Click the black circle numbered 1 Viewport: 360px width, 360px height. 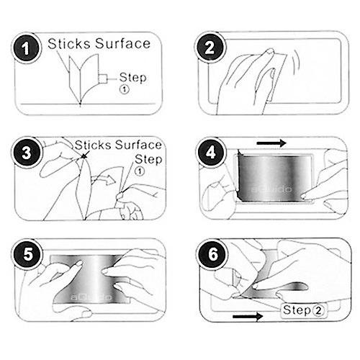tap(26, 48)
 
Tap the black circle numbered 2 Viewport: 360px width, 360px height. tap(210, 47)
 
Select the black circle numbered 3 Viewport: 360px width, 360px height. tap(26, 152)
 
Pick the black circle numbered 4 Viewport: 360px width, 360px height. tap(210, 152)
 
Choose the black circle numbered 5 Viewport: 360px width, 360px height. tap(27, 254)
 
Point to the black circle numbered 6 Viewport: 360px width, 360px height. tap(212, 254)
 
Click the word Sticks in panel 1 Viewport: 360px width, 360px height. tap(69, 44)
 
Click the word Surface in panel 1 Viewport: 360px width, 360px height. tap(122, 43)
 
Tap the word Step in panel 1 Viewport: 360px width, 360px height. tap(132, 78)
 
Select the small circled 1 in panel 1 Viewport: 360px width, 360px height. tap(125, 89)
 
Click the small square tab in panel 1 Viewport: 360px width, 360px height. tap(103, 78)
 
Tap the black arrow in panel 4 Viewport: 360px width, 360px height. tap(271, 143)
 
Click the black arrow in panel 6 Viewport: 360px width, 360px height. tap(248, 316)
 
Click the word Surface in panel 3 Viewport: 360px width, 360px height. tap(138, 145)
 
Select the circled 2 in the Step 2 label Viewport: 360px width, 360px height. tap(318, 311)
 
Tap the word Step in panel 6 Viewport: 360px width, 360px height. tap(297, 310)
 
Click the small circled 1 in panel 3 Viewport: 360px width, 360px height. tap(140, 171)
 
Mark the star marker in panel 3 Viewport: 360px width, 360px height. tap(84, 156)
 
